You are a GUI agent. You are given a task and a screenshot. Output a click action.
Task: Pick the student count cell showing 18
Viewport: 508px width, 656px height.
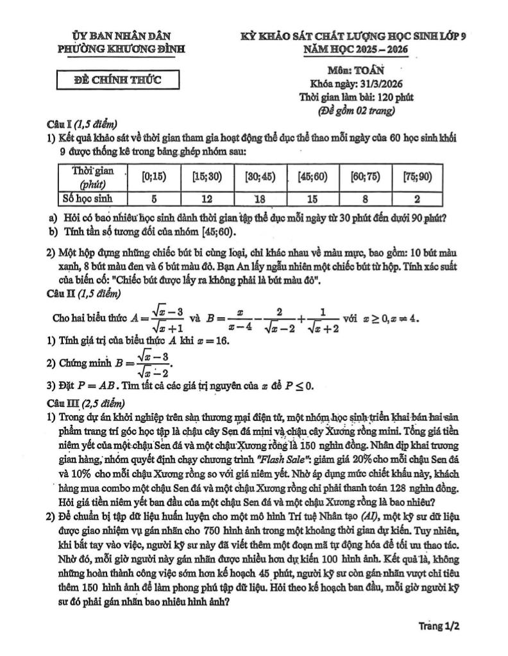click(x=260, y=199)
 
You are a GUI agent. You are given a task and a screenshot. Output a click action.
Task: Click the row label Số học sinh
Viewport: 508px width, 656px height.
click(x=88, y=199)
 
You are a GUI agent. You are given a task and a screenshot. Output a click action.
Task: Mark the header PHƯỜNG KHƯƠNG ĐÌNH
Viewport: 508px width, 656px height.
click(x=122, y=49)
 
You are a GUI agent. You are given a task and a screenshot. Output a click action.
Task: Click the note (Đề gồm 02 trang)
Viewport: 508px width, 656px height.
click(x=357, y=110)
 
